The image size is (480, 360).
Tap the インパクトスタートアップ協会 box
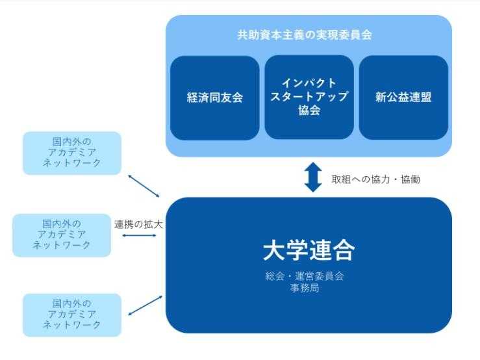[x=309, y=97]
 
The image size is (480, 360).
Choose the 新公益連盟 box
[x=403, y=98]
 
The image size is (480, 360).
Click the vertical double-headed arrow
[x=314, y=177]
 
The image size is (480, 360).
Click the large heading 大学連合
[x=309, y=250]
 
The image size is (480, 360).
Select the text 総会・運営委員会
[x=309, y=276]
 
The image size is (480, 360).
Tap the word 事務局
[x=309, y=287]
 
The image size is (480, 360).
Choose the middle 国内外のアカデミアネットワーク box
[x=62, y=235]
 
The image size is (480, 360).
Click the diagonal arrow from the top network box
[x=143, y=185]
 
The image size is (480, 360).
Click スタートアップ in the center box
[x=309, y=97]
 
